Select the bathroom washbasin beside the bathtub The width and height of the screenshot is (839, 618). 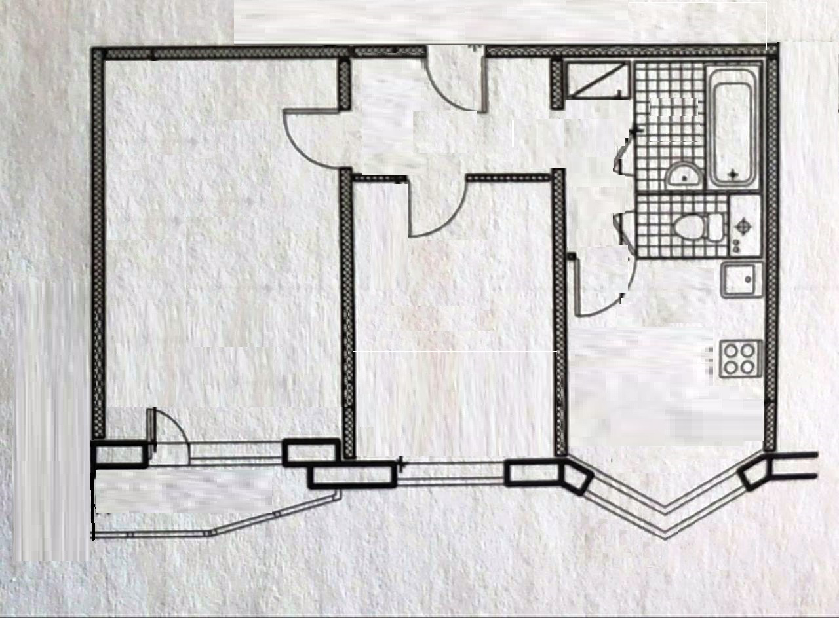tap(684, 175)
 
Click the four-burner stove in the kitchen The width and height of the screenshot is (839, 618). tap(740, 358)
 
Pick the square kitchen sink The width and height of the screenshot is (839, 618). tap(742, 280)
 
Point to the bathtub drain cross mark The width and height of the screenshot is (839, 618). tap(733, 174)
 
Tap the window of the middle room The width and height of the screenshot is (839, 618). tap(452, 473)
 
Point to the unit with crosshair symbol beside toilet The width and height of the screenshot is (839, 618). tap(744, 227)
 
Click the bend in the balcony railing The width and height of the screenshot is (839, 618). tap(210, 534)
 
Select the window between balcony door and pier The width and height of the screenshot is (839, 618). tap(236, 452)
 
